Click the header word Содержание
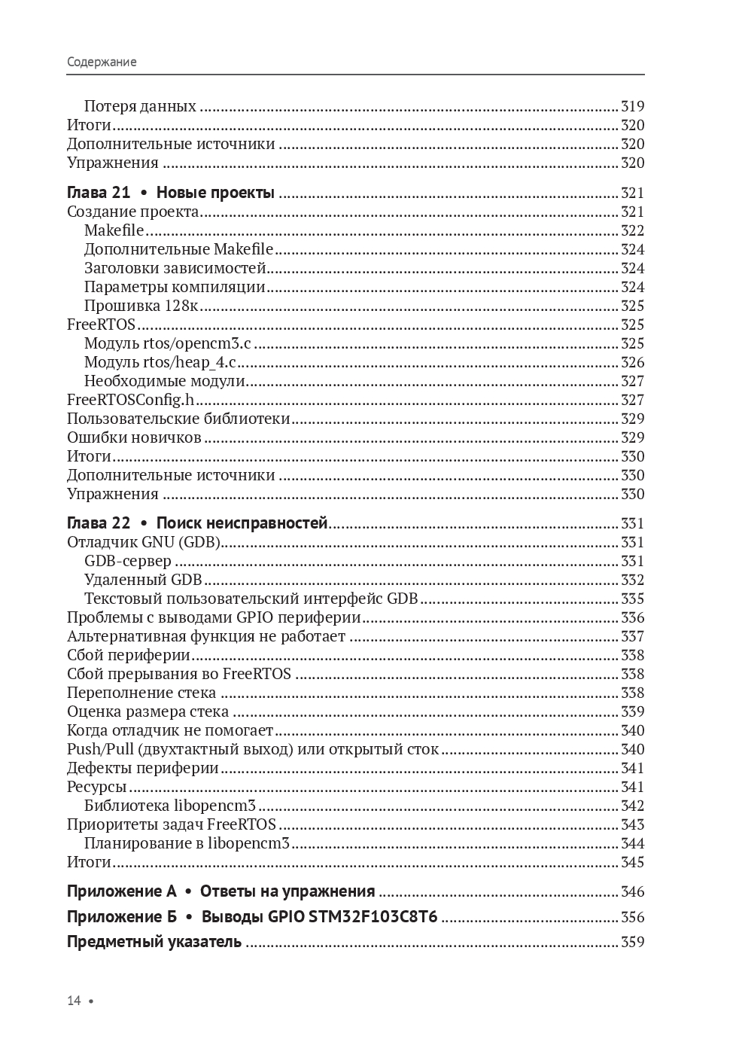tap(102, 62)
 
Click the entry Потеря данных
tap(140, 106)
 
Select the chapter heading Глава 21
tap(99, 193)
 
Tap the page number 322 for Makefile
tap(632, 230)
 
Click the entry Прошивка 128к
tap(141, 306)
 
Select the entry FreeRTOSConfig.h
tap(130, 400)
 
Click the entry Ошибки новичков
tap(134, 437)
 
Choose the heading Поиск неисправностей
tap(242, 523)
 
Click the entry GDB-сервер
tap(128, 561)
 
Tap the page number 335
tap(632, 599)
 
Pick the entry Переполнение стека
tap(141, 693)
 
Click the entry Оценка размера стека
tap(148, 711)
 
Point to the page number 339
tap(632, 711)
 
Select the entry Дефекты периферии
tap(143, 768)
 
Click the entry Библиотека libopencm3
tap(170, 806)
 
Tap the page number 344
tap(632, 843)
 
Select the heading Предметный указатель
tap(154, 942)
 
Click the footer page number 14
tap(74, 1001)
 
